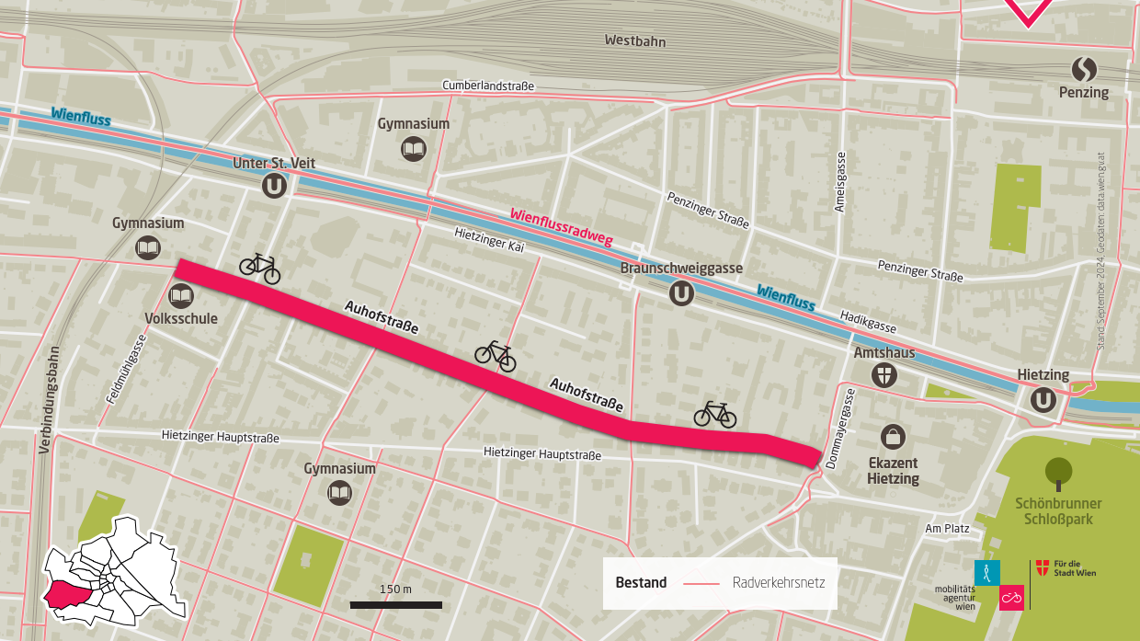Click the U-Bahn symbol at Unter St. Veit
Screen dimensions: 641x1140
(275, 186)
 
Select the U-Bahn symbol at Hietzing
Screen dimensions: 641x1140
(1043, 399)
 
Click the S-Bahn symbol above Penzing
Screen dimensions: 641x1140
(1084, 69)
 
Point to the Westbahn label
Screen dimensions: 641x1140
(634, 41)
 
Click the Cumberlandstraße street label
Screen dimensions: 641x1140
(487, 86)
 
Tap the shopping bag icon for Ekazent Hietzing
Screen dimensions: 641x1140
(892, 436)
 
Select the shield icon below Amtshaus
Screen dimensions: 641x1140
(883, 374)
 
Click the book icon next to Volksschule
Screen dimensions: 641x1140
(181, 296)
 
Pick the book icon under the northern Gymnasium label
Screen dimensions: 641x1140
(414, 148)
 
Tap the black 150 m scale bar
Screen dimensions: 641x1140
(395, 605)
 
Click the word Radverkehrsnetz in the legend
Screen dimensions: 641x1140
(779, 583)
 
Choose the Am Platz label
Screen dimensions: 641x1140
(947, 529)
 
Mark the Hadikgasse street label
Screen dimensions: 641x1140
(868, 321)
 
